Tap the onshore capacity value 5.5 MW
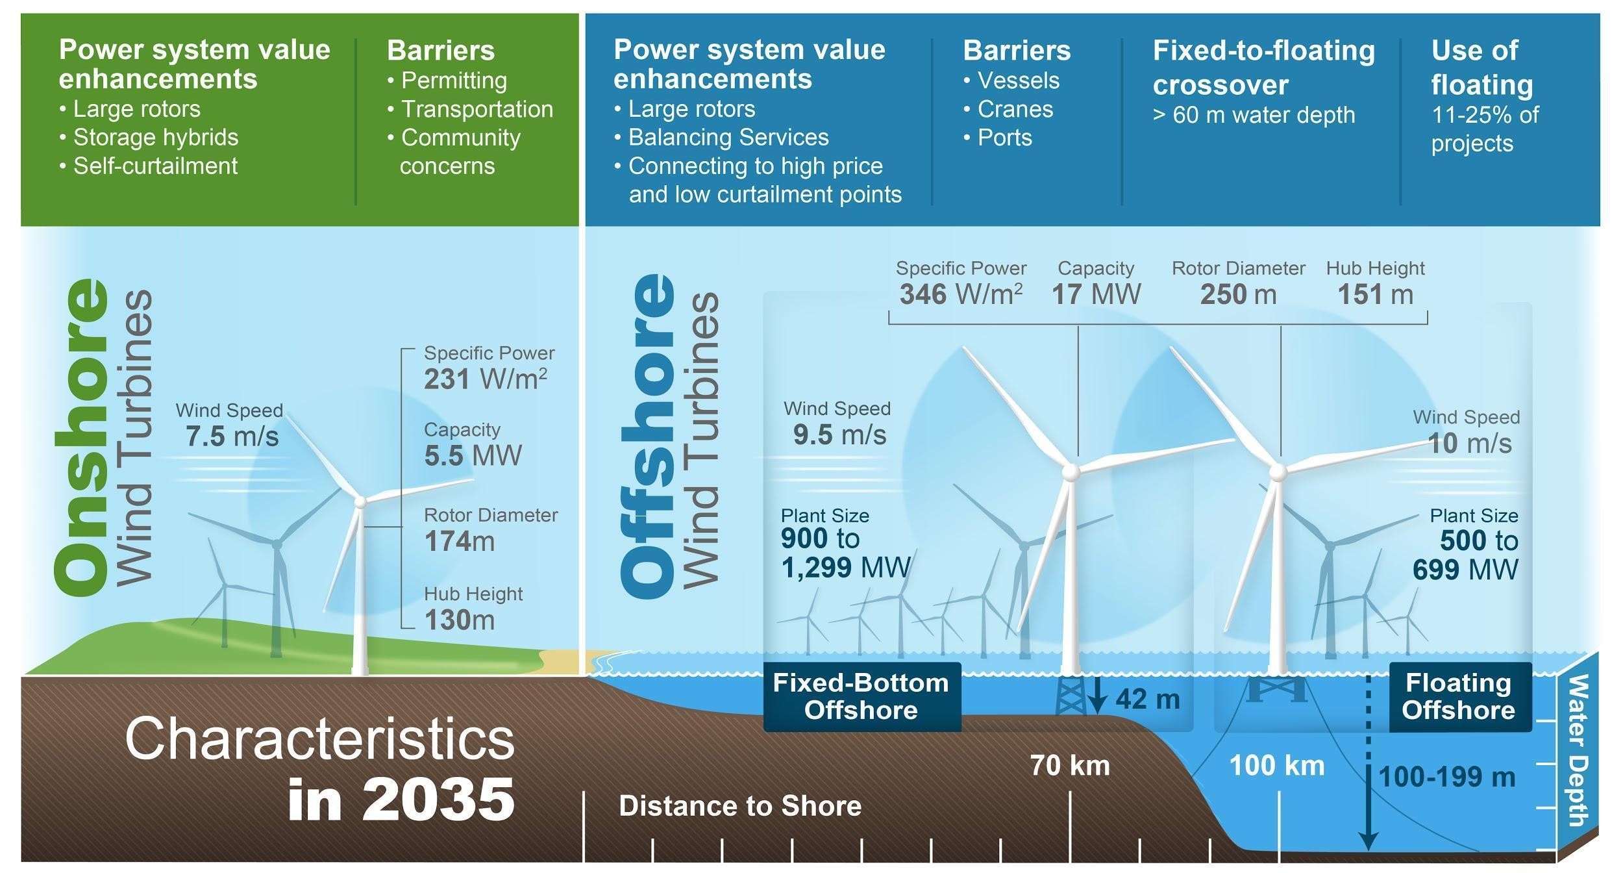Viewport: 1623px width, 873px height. [473, 455]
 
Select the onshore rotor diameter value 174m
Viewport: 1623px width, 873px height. [460, 541]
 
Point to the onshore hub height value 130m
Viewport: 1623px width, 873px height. [460, 620]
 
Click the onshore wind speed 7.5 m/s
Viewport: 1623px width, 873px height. [232, 436]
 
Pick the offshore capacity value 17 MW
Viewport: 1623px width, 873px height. [1096, 294]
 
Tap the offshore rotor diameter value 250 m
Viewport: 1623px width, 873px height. [1238, 294]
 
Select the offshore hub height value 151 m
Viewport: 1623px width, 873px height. [1375, 294]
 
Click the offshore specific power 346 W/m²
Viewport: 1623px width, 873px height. [961, 294]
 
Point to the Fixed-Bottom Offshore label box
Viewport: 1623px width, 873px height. [861, 697]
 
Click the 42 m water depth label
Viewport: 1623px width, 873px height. [1147, 699]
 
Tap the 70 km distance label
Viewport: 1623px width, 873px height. [1070, 766]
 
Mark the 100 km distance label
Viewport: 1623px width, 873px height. [1277, 766]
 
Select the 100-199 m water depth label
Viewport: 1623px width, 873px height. [1446, 777]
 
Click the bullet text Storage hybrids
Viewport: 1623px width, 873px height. [156, 138]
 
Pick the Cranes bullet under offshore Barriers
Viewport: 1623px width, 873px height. [1015, 109]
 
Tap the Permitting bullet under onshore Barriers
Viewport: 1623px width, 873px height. [454, 81]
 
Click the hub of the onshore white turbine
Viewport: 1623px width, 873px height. [360, 501]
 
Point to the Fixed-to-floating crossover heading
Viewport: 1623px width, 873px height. [1263, 67]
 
